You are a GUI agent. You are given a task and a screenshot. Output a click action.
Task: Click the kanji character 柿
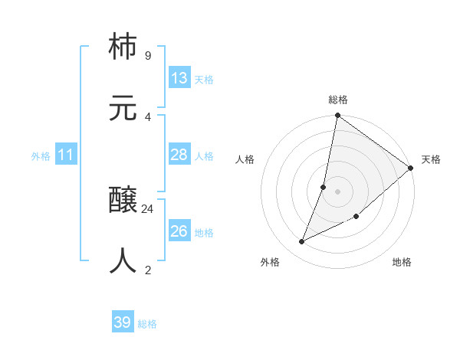(123, 47)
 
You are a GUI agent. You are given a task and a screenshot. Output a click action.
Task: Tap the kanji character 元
(123, 108)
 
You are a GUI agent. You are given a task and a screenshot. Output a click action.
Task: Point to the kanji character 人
(123, 261)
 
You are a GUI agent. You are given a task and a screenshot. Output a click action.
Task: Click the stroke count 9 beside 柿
(147, 56)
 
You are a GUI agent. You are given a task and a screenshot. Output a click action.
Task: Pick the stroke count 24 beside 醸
(147, 208)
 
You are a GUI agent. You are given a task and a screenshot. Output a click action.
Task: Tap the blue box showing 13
(179, 78)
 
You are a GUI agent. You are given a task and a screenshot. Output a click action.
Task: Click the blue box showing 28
(179, 155)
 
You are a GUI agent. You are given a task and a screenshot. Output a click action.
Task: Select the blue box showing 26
(179, 231)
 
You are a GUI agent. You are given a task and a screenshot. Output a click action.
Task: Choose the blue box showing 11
(66, 155)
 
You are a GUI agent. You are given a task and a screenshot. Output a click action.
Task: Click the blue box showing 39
(123, 322)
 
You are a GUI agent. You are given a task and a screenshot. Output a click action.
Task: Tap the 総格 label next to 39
(147, 324)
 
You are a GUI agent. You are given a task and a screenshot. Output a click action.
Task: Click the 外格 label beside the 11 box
(41, 156)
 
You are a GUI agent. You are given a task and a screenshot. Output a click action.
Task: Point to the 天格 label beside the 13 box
(204, 80)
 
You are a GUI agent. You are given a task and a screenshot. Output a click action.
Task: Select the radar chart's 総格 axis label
(338, 100)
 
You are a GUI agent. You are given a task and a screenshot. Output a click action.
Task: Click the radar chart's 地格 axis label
(402, 263)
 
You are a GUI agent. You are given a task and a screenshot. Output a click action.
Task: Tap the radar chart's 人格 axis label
(245, 159)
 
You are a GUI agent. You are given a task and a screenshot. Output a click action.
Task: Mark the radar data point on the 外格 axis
(302, 242)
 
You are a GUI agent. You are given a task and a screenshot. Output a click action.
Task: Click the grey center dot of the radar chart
(338, 191)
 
